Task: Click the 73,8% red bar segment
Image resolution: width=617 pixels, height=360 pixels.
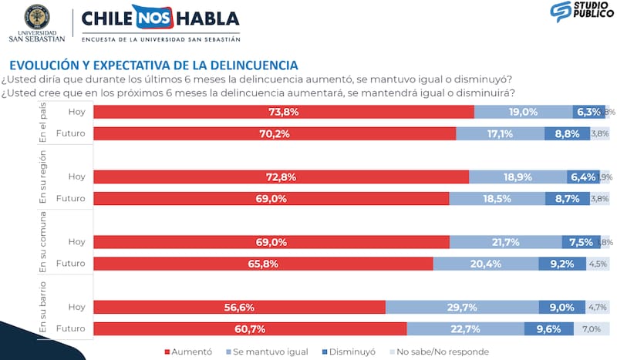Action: [x=283, y=112]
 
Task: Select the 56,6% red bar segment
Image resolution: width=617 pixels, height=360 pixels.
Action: [x=239, y=308]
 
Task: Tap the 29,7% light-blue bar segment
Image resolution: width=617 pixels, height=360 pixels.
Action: [x=462, y=308]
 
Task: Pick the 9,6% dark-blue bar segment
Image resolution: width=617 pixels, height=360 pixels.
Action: [x=548, y=329]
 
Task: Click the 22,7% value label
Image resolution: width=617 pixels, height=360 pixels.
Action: [x=465, y=329]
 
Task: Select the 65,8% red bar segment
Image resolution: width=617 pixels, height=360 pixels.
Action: [x=263, y=264]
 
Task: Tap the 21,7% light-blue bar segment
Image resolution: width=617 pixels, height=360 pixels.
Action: [x=505, y=242]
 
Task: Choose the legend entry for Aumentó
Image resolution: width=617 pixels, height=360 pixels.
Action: [x=189, y=352]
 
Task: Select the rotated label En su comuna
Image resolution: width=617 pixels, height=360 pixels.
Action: [x=44, y=241]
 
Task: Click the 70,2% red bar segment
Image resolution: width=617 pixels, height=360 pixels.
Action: [x=275, y=133]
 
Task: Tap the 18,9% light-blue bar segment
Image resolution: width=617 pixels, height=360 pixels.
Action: [x=518, y=177]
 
